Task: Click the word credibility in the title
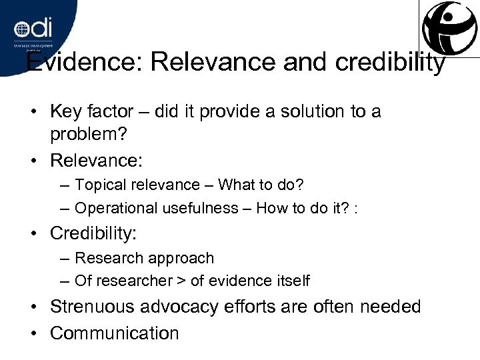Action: tap(387, 63)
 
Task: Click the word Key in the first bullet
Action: tap(65, 111)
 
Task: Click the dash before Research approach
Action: tap(66, 257)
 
